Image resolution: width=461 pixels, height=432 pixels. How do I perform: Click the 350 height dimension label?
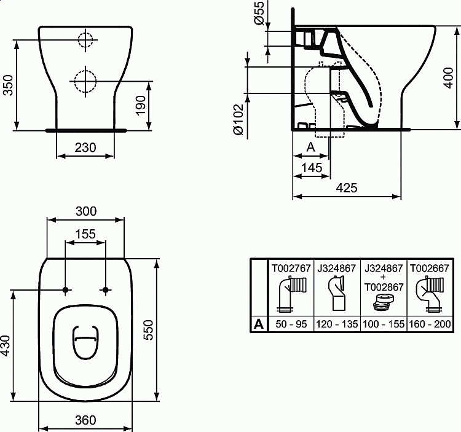(x=8, y=85)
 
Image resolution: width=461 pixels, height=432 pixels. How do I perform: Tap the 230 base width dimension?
(x=85, y=147)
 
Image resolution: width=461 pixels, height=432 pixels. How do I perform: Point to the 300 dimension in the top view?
(x=85, y=211)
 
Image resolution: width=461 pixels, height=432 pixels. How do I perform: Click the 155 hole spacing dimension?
(x=85, y=234)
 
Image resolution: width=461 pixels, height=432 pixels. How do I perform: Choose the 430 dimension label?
(x=6, y=347)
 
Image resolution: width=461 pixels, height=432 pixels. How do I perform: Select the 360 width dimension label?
(x=85, y=420)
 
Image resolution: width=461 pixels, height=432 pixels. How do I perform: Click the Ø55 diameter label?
(x=259, y=13)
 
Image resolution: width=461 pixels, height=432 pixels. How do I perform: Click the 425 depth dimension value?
(x=347, y=188)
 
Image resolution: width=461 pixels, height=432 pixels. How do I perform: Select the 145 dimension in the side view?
(x=312, y=168)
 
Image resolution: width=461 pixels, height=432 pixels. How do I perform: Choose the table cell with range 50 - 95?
(x=291, y=324)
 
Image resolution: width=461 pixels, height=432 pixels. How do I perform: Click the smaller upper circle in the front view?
(x=85, y=41)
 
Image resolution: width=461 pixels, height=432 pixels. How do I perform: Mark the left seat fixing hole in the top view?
(x=65, y=289)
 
